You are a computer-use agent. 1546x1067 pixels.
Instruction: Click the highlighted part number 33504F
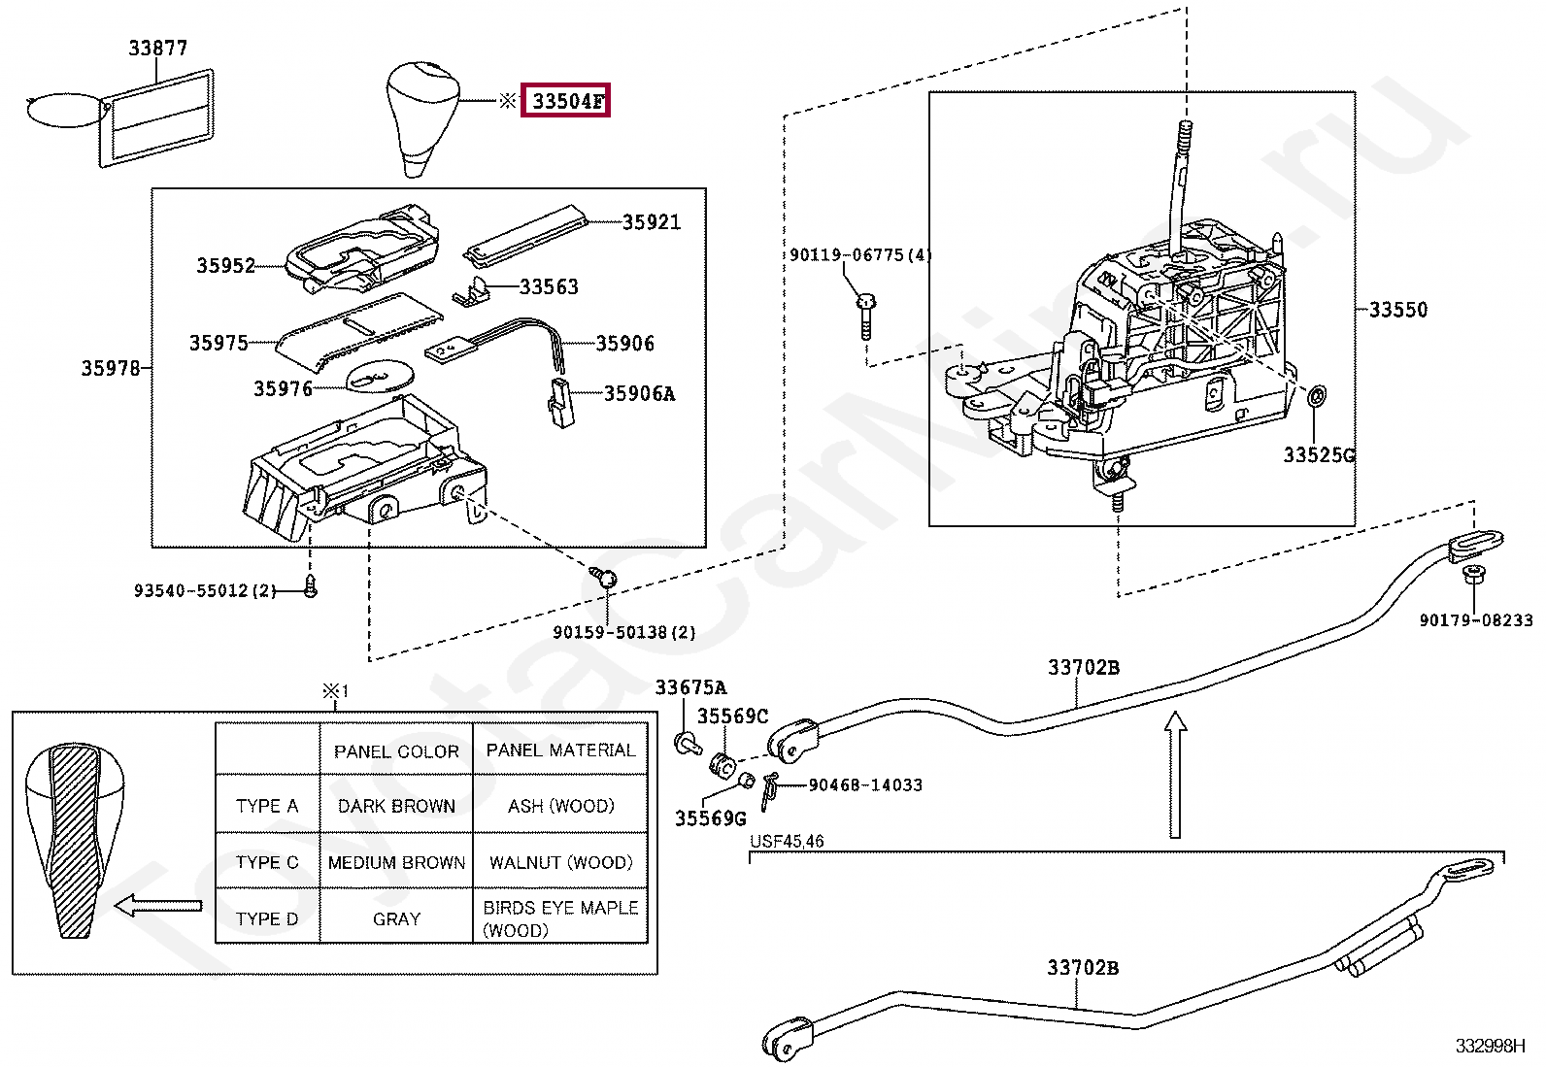tap(566, 101)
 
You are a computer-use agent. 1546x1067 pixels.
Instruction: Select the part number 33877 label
tap(157, 48)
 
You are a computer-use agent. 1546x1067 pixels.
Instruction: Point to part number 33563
tap(549, 286)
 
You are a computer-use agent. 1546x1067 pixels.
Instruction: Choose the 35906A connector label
tap(639, 393)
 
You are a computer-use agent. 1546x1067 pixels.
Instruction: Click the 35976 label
tap(283, 388)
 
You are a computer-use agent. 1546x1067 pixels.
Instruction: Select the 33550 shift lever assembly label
tap(1397, 310)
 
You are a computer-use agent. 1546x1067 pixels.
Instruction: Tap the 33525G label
tap(1319, 455)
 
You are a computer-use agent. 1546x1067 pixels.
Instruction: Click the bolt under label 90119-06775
tap(864, 315)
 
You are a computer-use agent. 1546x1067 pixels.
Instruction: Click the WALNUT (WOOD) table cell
tap(560, 862)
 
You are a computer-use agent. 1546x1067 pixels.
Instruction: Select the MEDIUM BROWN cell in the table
tap(396, 862)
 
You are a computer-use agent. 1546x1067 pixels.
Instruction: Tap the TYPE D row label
tap(266, 918)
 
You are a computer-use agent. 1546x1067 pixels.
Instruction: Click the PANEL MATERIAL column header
tap(560, 750)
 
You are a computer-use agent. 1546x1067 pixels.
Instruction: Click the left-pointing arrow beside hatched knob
tap(157, 906)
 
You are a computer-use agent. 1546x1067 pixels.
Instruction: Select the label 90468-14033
tap(864, 784)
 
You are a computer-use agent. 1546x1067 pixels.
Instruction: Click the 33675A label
tap(689, 687)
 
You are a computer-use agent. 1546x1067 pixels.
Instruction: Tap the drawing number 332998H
tap(1489, 1046)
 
